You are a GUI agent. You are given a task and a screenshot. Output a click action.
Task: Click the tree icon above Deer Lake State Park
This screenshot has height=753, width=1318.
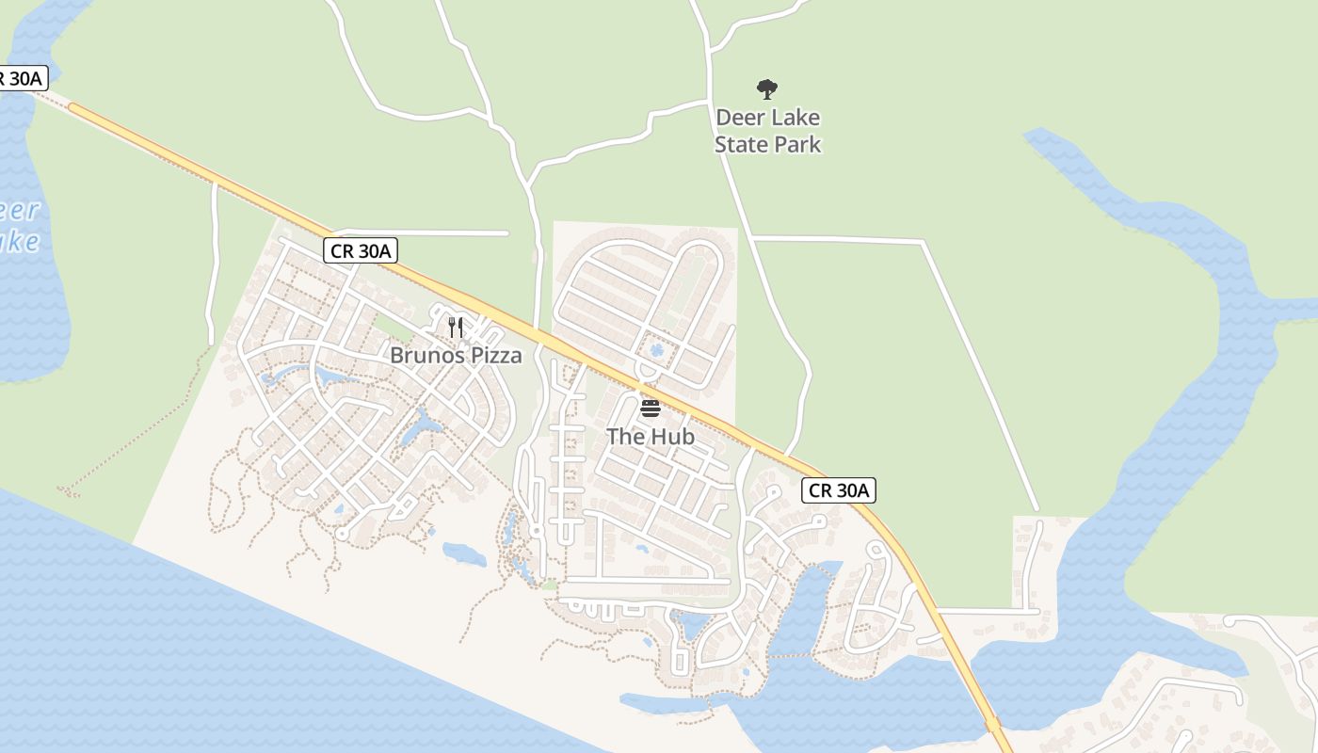click(767, 89)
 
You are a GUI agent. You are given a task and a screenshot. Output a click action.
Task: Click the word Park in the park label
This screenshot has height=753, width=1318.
click(796, 145)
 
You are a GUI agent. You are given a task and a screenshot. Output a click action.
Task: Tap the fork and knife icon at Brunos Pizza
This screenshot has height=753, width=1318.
click(456, 328)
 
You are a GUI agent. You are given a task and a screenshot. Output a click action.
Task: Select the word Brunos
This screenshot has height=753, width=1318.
click(427, 356)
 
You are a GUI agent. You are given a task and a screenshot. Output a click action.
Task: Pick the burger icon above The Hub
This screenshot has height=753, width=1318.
click(651, 409)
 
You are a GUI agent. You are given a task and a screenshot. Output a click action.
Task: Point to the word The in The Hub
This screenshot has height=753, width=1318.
click(624, 437)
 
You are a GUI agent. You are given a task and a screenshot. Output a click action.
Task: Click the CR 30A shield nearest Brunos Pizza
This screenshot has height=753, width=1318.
click(362, 250)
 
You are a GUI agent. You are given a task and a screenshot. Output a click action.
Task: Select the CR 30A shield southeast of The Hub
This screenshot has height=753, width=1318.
click(840, 489)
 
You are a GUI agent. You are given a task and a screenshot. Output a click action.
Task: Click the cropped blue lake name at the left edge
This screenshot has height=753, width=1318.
click(19, 226)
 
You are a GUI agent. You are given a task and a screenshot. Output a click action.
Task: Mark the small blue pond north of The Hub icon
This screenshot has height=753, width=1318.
click(656, 350)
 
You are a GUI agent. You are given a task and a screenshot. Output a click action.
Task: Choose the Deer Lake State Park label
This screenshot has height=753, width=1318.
click(767, 131)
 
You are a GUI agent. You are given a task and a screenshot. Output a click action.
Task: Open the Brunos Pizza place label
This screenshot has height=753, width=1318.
click(456, 356)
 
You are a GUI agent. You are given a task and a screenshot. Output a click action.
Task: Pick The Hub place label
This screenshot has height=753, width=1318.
click(651, 437)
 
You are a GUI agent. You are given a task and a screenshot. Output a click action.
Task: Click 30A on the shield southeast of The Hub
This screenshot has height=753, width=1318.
click(853, 489)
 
